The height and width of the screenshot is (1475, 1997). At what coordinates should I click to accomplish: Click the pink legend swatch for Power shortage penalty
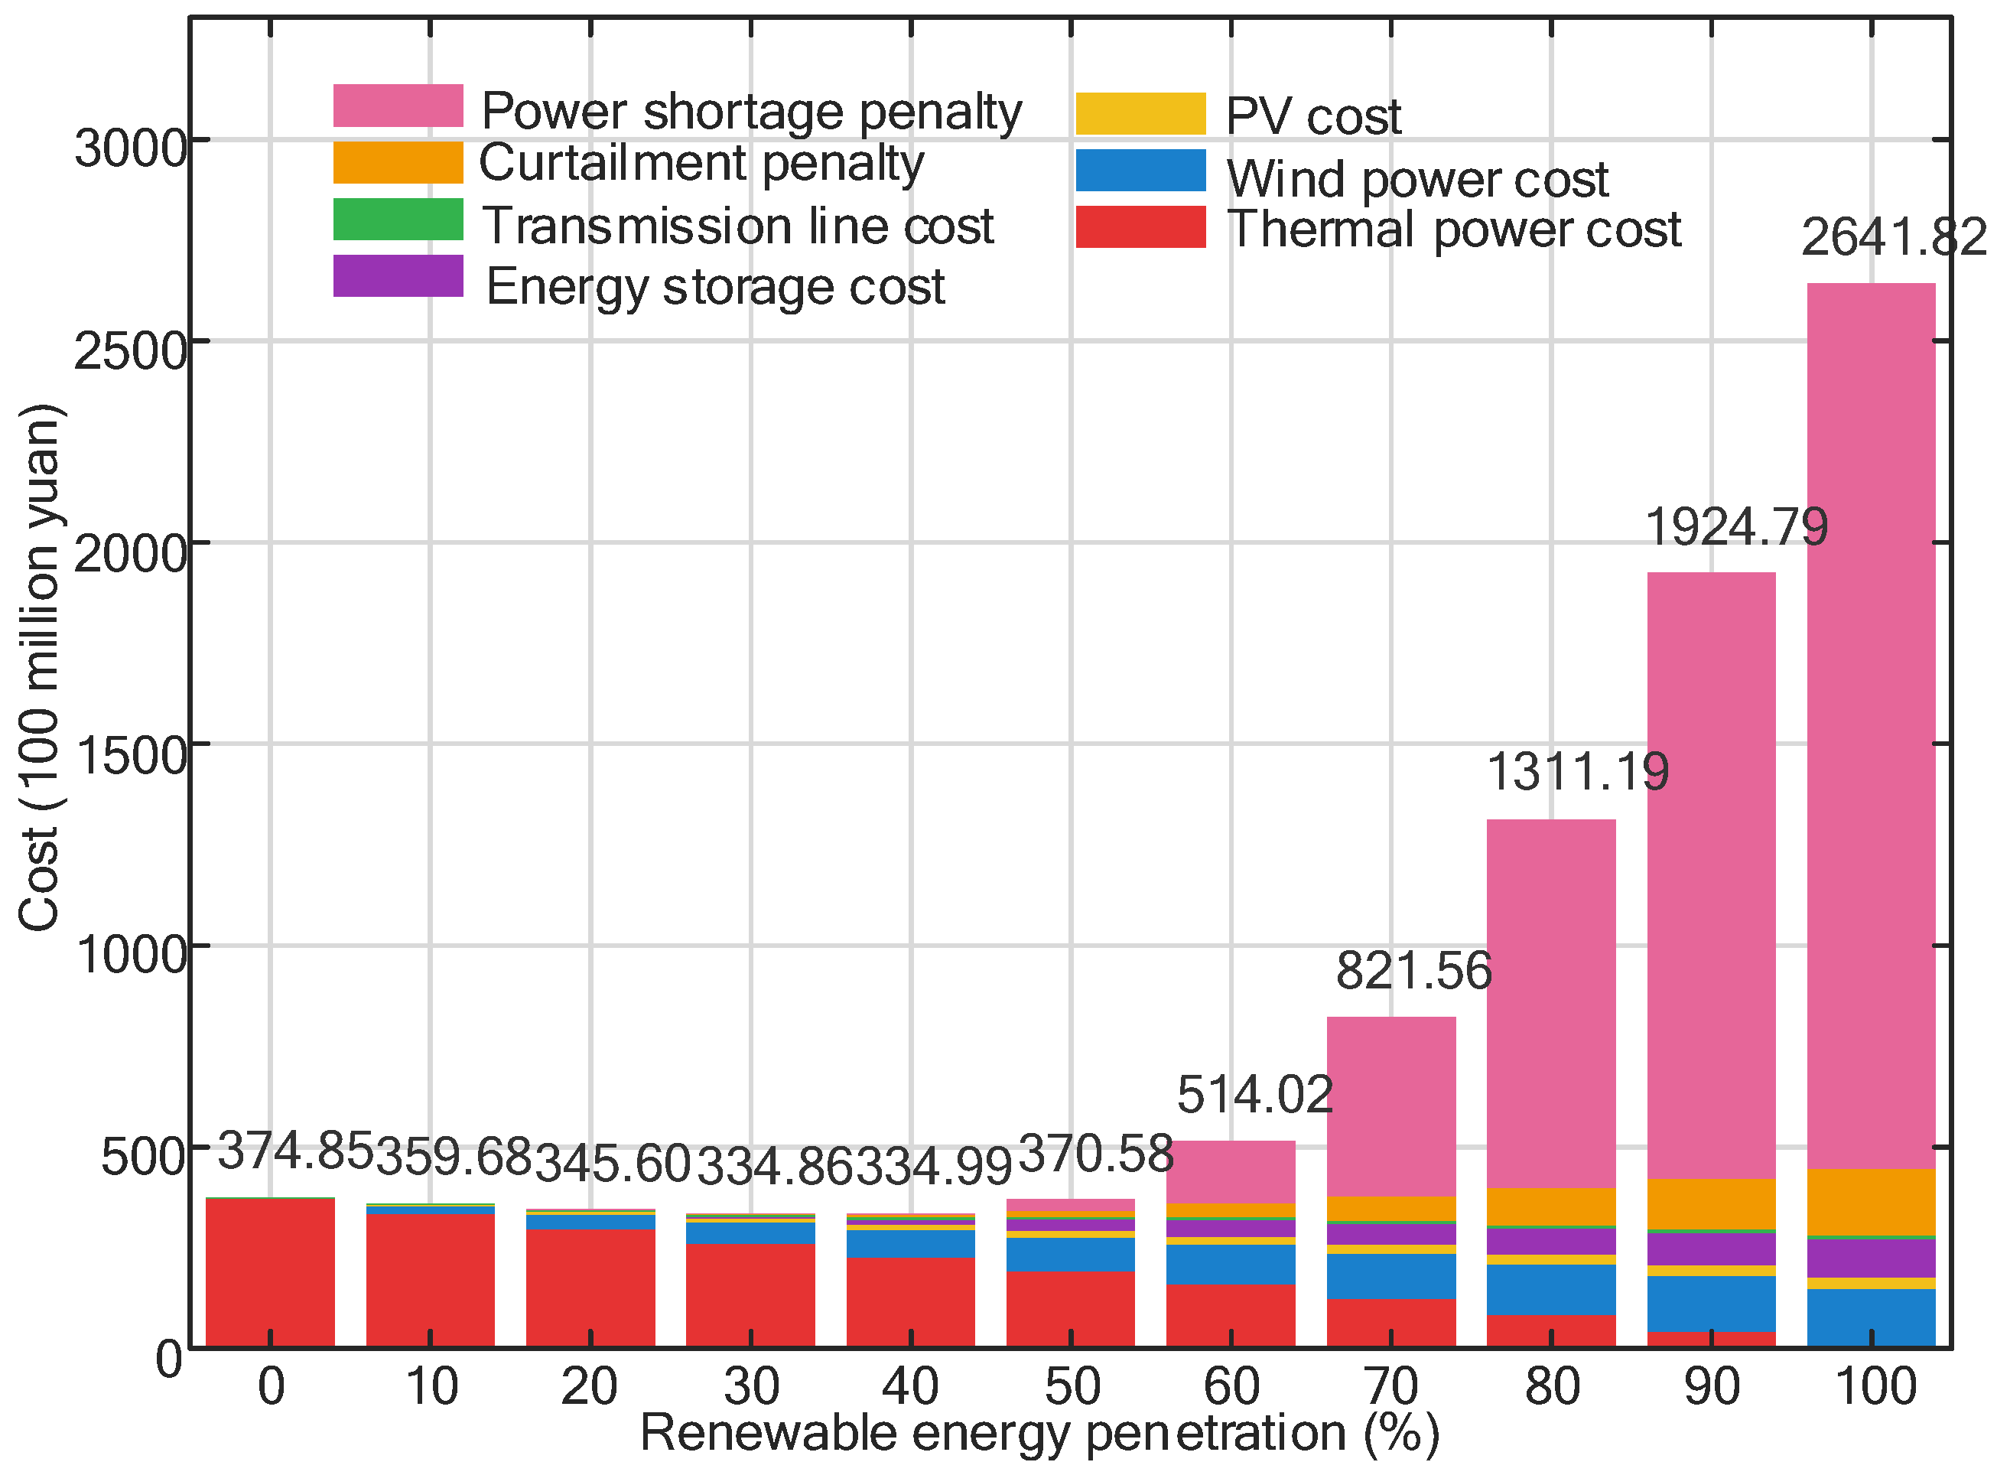point(398,106)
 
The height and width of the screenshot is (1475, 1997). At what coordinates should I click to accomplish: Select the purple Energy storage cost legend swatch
point(398,276)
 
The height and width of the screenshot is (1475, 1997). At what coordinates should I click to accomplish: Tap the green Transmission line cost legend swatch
point(398,219)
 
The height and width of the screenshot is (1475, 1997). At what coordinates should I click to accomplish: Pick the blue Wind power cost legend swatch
point(1141,170)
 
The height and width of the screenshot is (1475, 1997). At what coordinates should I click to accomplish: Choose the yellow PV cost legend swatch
point(1141,113)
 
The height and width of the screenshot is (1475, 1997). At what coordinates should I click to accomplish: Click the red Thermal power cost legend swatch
point(1141,226)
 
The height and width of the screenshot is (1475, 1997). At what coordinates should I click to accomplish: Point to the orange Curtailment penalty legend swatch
point(398,162)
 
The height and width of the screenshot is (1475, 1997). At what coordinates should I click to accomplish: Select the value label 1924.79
point(1736,527)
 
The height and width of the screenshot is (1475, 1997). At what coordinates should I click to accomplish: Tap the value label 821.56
point(1414,971)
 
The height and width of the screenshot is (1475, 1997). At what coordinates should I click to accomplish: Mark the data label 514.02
point(1254,1095)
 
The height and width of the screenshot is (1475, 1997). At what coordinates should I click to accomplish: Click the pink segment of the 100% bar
point(1871,726)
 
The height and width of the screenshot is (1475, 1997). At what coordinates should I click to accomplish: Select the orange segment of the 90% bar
point(1711,1203)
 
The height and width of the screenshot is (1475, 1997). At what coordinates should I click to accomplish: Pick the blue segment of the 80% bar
point(1552,1289)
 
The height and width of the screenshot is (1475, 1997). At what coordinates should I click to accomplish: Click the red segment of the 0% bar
point(271,1272)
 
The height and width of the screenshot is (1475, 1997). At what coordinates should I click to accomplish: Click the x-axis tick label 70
point(1390,1386)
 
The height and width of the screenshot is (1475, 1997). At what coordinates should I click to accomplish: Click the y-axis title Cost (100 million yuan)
point(39,667)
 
